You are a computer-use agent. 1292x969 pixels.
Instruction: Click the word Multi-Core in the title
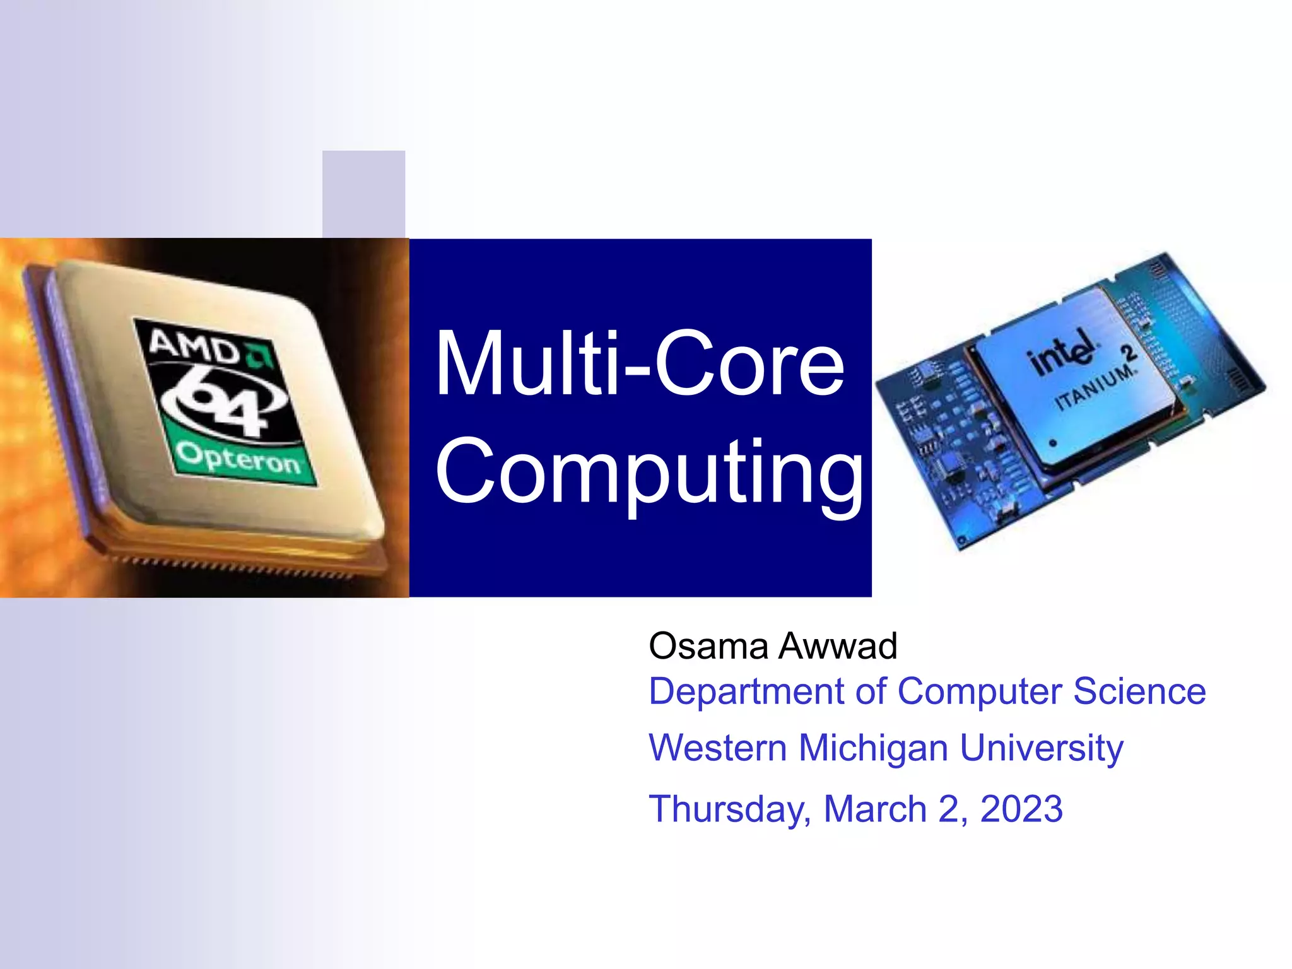coord(638,365)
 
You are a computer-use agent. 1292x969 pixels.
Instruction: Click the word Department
coord(746,692)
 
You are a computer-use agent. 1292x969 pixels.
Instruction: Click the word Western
coord(718,748)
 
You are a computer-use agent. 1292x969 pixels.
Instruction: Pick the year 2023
coord(1021,809)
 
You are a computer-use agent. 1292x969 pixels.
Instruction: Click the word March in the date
coord(874,809)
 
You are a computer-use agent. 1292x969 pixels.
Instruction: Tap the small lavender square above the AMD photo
coord(363,194)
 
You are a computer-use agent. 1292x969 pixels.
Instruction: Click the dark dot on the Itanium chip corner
coord(1052,443)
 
